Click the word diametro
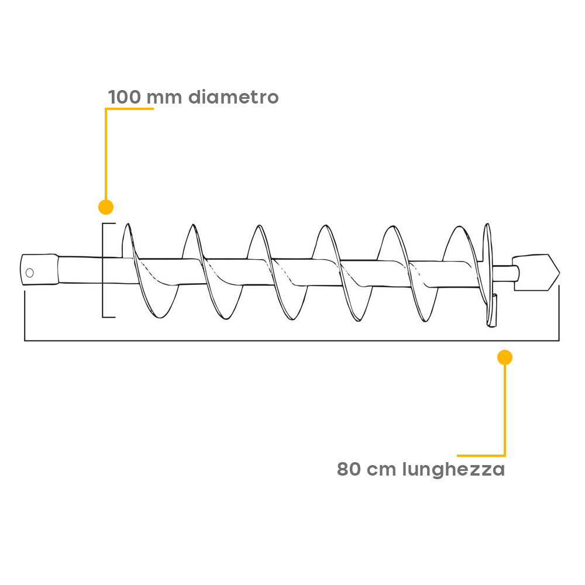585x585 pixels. pyautogui.click(x=233, y=97)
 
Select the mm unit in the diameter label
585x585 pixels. pyautogui.click(x=164, y=99)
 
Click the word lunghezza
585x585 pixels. pyautogui.click(x=453, y=470)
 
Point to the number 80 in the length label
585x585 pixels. pyautogui.click(x=349, y=469)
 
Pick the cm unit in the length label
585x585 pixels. pyautogui.click(x=381, y=471)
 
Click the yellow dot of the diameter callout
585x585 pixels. pyautogui.click(x=106, y=207)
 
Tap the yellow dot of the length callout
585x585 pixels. pyautogui.click(x=505, y=357)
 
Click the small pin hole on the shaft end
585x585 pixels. pyautogui.click(x=30, y=273)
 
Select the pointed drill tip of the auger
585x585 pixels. pyautogui.click(x=537, y=273)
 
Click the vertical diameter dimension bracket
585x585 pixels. pyautogui.click(x=103, y=270)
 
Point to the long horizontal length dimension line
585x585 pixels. pyautogui.click(x=292, y=340)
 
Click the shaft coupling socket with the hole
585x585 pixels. pyautogui.click(x=39, y=269)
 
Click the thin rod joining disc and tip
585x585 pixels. pyautogui.click(x=506, y=273)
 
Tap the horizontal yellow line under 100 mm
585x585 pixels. pyautogui.click(x=129, y=109)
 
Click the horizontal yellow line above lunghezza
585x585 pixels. pyautogui.click(x=481, y=456)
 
